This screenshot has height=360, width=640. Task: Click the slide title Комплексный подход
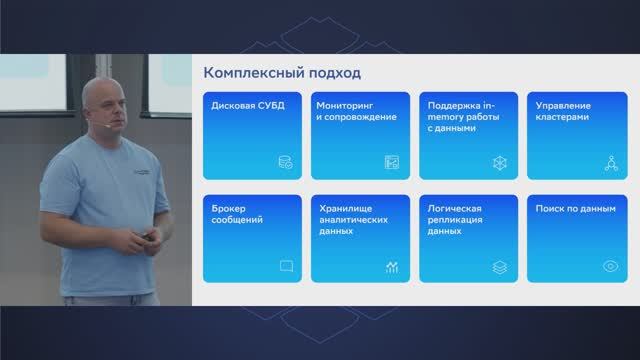pyautogui.click(x=282, y=73)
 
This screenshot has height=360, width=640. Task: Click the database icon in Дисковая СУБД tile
pyautogui.click(x=286, y=162)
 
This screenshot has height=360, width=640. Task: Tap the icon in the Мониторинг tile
pyautogui.click(x=392, y=162)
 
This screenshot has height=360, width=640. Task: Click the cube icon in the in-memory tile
pyautogui.click(x=499, y=162)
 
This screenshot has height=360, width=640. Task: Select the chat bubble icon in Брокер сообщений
pyautogui.click(x=286, y=266)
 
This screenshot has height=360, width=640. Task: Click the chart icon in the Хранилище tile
pyautogui.click(x=392, y=266)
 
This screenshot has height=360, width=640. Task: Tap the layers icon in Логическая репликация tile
pyautogui.click(x=499, y=266)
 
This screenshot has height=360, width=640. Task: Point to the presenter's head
pyautogui.click(x=106, y=105)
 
